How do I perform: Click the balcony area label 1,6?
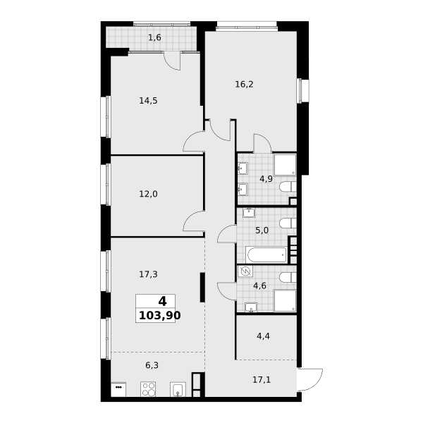(x=154, y=37)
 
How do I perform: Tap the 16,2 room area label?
(x=244, y=85)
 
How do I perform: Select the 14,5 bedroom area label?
(x=148, y=101)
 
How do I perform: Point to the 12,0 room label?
(x=148, y=194)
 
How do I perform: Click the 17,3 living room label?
(x=148, y=274)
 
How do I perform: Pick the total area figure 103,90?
(x=160, y=315)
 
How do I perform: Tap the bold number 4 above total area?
(x=162, y=301)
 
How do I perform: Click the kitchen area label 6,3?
(x=152, y=365)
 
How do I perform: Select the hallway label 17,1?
(x=262, y=380)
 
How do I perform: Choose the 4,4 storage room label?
(x=263, y=336)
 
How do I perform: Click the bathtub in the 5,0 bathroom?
(x=266, y=255)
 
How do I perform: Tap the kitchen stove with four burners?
(x=148, y=389)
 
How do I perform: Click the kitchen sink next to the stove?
(x=178, y=389)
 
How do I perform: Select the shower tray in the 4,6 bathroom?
(x=285, y=300)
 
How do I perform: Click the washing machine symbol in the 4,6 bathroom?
(x=245, y=271)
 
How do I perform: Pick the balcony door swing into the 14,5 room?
(x=173, y=61)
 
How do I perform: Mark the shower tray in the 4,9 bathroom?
(x=285, y=165)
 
